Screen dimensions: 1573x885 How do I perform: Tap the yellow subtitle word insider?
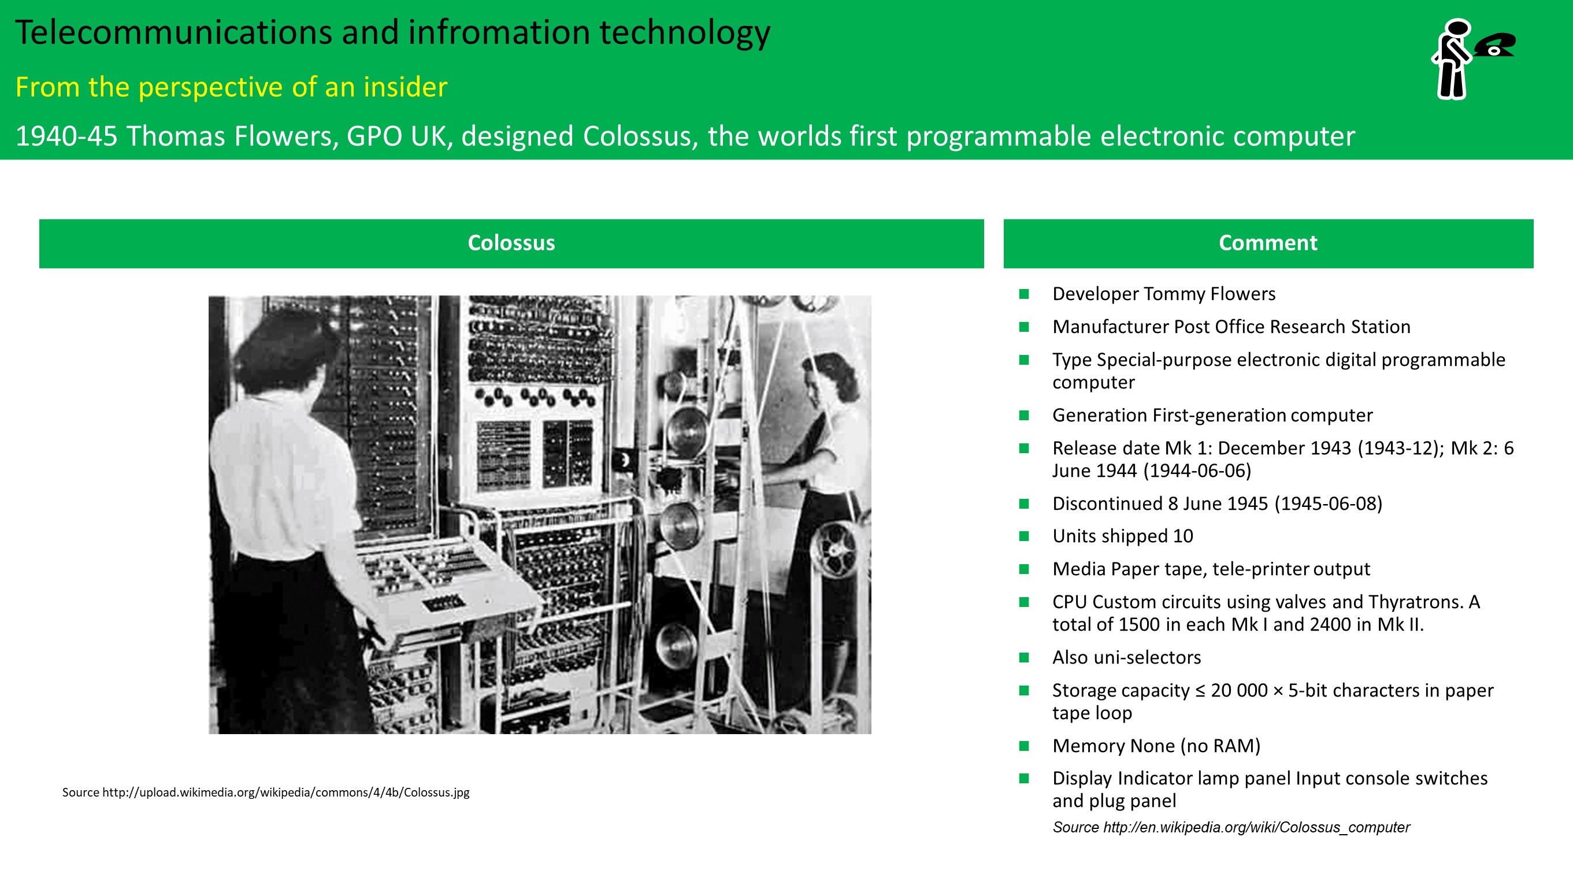pyautogui.click(x=405, y=87)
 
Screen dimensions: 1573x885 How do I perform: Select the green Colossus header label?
pyautogui.click(x=511, y=243)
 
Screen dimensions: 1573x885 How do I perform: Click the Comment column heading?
pyautogui.click(x=1268, y=243)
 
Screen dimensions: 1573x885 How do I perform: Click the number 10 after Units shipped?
pyautogui.click(x=1183, y=536)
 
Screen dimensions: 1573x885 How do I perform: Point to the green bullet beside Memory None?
pyautogui.click(x=1024, y=746)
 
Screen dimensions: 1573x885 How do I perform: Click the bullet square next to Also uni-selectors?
pyautogui.click(x=1024, y=657)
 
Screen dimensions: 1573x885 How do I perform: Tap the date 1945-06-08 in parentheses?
pyautogui.click(x=1329, y=503)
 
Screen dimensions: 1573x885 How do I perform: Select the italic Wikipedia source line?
pyautogui.click(x=1231, y=827)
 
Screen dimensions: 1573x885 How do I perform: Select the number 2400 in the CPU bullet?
pyautogui.click(x=1330, y=624)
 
